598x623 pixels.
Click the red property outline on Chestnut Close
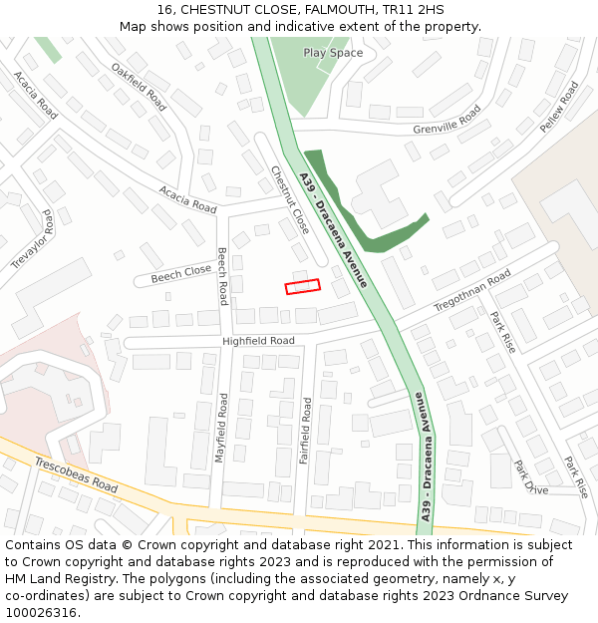(x=303, y=286)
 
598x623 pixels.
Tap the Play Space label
(x=333, y=53)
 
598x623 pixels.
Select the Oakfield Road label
(x=139, y=86)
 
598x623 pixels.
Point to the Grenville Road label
(x=447, y=121)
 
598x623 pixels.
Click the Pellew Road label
(x=558, y=108)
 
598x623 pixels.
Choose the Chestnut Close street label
(x=291, y=200)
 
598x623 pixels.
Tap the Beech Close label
(x=181, y=272)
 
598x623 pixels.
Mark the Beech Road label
(x=222, y=276)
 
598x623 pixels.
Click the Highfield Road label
(x=258, y=341)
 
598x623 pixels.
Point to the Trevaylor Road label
(x=33, y=239)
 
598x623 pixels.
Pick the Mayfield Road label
(x=222, y=427)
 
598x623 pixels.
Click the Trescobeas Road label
(x=76, y=475)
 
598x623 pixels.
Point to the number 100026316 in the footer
(x=42, y=613)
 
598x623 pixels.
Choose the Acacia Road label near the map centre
(x=187, y=199)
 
